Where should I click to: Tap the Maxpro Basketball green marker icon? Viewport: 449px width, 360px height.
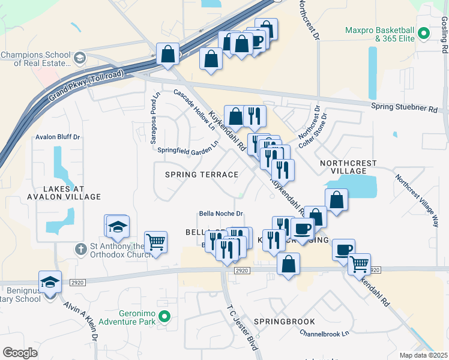[424, 34]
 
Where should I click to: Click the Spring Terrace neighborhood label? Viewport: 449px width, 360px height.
[202, 175]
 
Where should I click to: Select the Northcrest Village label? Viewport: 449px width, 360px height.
[348, 167]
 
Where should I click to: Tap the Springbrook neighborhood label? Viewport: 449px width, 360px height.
[284, 322]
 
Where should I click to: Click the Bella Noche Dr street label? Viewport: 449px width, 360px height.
[220, 214]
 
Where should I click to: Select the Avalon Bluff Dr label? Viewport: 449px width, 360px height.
[58, 137]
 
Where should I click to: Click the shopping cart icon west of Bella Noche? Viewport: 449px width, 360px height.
[155, 242]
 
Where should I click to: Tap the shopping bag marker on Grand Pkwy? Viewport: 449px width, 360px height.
[168, 54]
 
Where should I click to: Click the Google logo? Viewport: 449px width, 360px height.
[20, 353]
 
